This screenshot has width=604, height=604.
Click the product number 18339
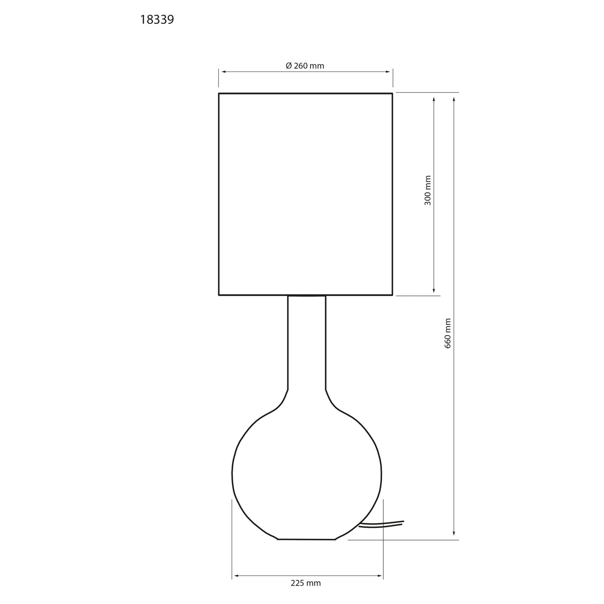[157, 20]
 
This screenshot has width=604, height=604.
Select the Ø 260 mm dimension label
[305, 66]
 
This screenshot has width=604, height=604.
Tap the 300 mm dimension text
[428, 190]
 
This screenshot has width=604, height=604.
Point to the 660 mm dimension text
[448, 333]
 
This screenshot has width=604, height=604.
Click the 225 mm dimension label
[306, 583]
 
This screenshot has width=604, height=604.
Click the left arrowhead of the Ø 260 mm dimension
[223, 72]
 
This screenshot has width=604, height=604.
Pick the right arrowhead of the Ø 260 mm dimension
[388, 72]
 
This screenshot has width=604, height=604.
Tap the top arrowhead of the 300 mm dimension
[434, 99]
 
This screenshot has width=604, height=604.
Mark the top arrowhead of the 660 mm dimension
[454, 99]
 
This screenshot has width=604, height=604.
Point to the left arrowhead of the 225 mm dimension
[236, 576]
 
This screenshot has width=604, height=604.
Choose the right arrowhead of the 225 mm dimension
[380, 576]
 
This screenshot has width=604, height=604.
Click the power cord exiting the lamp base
[382, 525]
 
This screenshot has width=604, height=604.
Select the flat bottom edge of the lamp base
[306, 539]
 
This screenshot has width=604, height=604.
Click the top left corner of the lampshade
[219, 94]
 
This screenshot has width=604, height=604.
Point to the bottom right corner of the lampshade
[392, 295]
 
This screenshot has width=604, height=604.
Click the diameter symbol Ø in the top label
[288, 66]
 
